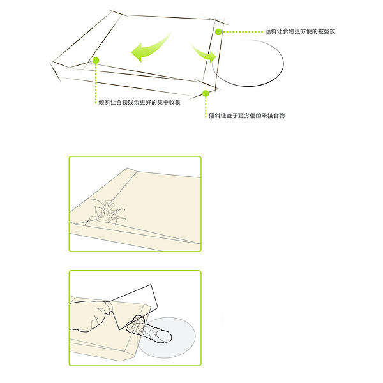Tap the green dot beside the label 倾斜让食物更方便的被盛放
pos(218,32)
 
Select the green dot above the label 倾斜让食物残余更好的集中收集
pos(96,61)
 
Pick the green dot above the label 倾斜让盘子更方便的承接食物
pos(206,93)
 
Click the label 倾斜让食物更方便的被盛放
pos(300,31)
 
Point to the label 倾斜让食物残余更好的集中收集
pos(139,102)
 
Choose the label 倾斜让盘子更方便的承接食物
pos(246,116)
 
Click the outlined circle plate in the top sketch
pos(283,63)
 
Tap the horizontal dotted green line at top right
pos(243,32)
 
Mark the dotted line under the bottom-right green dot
pos(206,107)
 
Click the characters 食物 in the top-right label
pos(289,31)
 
